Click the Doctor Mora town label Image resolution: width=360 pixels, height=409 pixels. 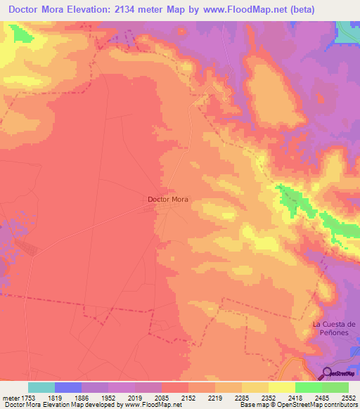pos(168,199)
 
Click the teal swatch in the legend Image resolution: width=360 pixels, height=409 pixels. pos(41,387)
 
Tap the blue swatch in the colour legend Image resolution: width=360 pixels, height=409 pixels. pos(68,387)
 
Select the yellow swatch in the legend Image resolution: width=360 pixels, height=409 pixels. pos(282,387)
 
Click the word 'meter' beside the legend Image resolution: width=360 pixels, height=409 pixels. pos(11,397)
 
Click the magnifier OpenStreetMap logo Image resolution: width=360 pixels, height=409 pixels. pos(327,373)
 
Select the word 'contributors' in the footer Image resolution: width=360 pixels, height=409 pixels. pos(340,405)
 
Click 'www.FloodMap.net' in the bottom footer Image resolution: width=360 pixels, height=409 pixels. pos(148,405)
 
